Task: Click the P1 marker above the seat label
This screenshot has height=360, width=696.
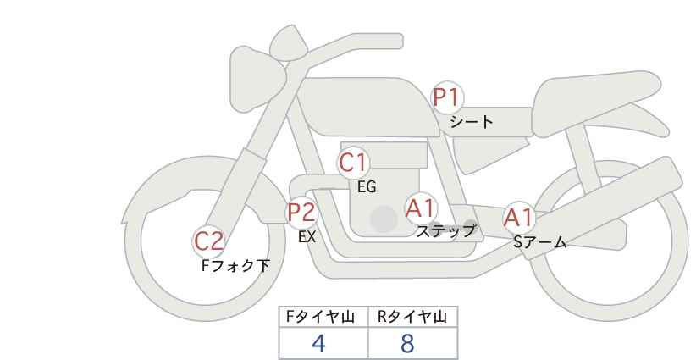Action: (447, 98)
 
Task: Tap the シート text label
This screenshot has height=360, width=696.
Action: (472, 122)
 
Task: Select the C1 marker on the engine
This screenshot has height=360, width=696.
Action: (354, 163)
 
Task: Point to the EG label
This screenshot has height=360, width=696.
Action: (367, 187)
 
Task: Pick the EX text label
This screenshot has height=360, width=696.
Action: (307, 237)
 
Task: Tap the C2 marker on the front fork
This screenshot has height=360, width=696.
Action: (208, 241)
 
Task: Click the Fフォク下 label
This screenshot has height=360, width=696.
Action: (235, 266)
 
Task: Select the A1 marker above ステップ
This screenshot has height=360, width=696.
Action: (421, 208)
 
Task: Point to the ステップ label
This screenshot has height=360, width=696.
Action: (446, 230)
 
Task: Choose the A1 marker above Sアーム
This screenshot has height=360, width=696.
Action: (519, 218)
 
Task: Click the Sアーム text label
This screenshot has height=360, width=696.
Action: (539, 243)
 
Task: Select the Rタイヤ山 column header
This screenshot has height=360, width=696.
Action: (412, 317)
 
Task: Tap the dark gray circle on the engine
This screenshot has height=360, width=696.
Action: (384, 219)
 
